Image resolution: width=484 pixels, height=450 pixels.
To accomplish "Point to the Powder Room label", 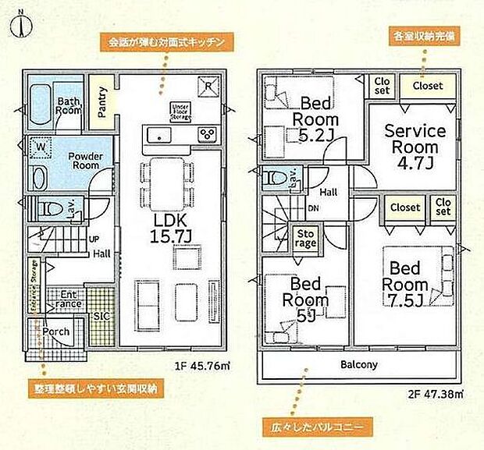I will (84, 161).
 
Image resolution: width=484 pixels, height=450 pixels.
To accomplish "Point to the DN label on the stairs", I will (314, 208).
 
